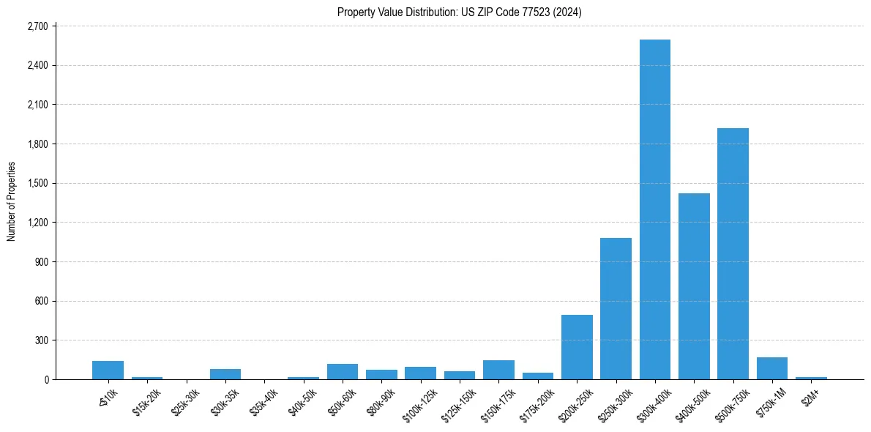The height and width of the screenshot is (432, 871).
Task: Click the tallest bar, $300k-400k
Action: coord(654,209)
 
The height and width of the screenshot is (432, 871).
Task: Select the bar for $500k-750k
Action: coord(733,253)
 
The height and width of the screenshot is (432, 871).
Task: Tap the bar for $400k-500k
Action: coord(694,286)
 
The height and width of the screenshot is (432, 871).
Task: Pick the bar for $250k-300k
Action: coord(616,308)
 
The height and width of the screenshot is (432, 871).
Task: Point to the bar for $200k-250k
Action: coord(577,347)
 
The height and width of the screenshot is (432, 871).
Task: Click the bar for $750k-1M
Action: coord(771,368)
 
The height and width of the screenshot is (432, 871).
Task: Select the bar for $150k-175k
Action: coord(498,370)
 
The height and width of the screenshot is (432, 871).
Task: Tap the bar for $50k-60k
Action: coord(343,371)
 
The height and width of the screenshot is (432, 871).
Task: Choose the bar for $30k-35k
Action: coord(225,374)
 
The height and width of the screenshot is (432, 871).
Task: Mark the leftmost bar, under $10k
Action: coord(108,370)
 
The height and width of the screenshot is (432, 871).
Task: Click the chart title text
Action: coord(459,12)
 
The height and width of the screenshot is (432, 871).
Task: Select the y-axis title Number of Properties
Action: coord(12,201)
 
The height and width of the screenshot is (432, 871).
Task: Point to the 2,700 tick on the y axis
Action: coord(37,26)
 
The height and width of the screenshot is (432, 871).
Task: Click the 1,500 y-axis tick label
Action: coord(37,183)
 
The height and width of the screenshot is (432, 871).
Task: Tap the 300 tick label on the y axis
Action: coord(40,340)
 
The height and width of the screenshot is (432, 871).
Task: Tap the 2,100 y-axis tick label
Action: coord(37,105)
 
